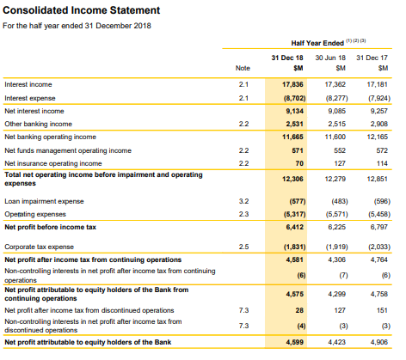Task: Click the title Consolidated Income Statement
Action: click(81, 10)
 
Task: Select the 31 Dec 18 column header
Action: click(287, 58)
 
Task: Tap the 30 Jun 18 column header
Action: click(330, 58)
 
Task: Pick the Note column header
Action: click(243, 68)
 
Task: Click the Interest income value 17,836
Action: click(292, 84)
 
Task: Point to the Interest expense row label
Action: click(30, 98)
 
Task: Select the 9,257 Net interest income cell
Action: click(378, 111)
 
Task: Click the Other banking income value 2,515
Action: click(336, 124)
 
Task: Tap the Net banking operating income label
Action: click(50, 137)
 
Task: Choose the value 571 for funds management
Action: click(298, 150)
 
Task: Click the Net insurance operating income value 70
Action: click(299, 163)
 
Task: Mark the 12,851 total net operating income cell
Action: click(377, 179)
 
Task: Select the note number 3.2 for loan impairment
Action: click(243, 201)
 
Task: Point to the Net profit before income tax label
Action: click(50, 227)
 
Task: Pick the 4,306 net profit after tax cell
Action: click(336, 259)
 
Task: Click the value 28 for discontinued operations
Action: click(299, 310)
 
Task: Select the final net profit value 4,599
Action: click(294, 342)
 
